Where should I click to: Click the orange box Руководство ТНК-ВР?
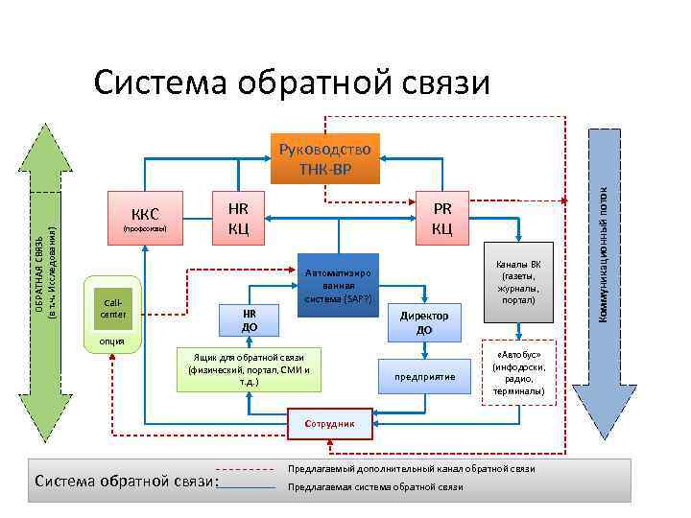(x=325, y=158)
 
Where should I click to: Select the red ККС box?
(x=144, y=221)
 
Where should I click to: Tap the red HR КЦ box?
(x=237, y=220)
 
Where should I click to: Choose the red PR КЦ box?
(x=441, y=220)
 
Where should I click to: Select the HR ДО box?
(x=249, y=321)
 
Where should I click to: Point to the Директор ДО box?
(x=424, y=322)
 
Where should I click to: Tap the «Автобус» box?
(x=519, y=371)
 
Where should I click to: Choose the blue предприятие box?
(x=424, y=376)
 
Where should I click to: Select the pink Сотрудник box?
(x=329, y=422)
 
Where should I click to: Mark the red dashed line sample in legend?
(x=248, y=469)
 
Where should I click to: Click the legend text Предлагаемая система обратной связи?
(x=376, y=487)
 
